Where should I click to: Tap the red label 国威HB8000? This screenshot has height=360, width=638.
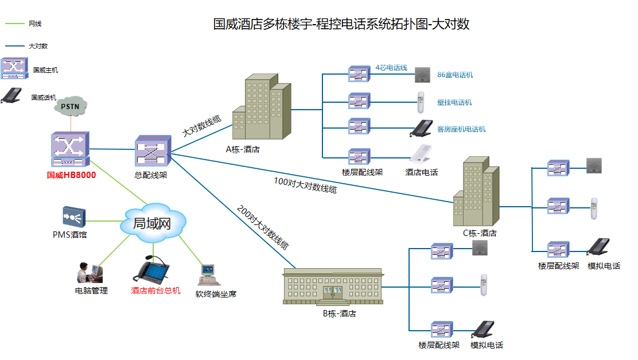click(x=71, y=175)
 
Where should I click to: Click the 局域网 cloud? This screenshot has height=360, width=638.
click(x=153, y=223)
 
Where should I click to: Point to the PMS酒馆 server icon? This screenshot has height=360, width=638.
click(x=74, y=216)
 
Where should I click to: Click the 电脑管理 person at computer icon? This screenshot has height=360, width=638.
click(x=90, y=273)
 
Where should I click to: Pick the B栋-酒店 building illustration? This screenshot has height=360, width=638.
click(x=332, y=287)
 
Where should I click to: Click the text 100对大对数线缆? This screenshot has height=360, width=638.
click(x=305, y=185)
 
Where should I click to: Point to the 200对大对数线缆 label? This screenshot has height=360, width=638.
click(x=263, y=227)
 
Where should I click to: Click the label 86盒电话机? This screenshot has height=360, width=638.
click(x=455, y=75)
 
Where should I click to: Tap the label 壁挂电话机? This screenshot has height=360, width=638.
click(x=454, y=102)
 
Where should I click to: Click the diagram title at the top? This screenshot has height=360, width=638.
click(x=341, y=24)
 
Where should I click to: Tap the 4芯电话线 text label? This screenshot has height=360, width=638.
click(x=391, y=68)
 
